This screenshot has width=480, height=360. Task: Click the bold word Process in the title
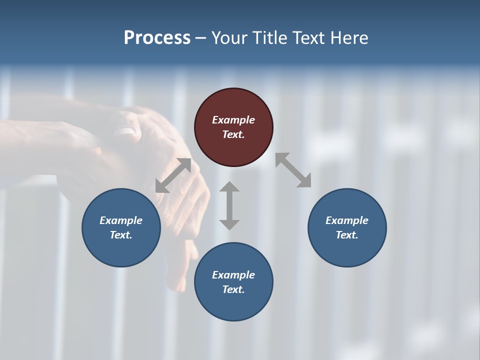point(157,37)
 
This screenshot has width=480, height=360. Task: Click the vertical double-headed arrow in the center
point(229,205)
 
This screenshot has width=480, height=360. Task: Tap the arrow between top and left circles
point(173,175)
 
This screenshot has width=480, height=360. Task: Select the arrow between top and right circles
point(293,170)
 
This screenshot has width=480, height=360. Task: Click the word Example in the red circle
point(233,120)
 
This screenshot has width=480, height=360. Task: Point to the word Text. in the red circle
point(233,134)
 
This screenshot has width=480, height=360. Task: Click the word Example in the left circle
point(121,220)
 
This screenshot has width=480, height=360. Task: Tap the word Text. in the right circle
point(347,235)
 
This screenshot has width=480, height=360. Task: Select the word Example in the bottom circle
point(233,275)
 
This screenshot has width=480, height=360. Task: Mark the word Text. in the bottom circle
point(233,289)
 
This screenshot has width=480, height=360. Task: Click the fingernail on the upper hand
point(125,131)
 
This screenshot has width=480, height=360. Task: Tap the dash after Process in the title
point(201,38)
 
